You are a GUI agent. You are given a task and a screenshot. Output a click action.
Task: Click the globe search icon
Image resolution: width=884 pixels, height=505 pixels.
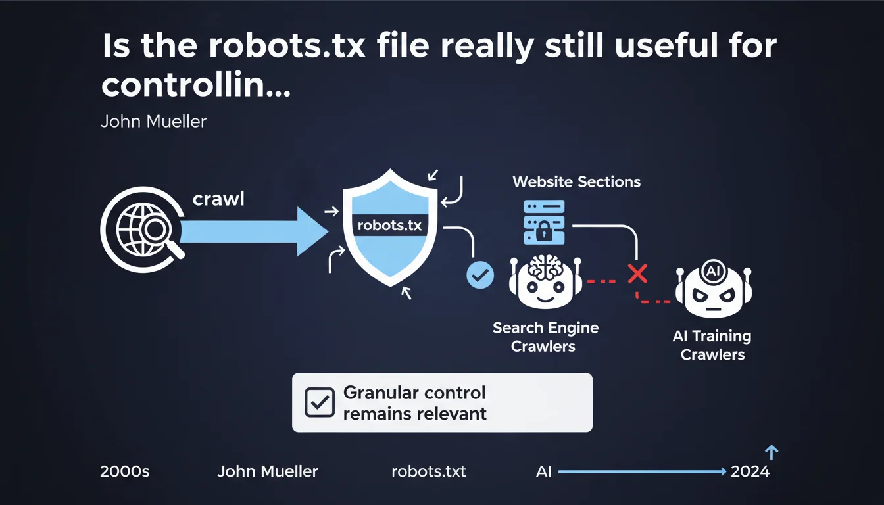[142, 229]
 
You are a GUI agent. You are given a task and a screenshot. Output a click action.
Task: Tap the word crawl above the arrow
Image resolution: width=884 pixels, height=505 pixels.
[218, 199]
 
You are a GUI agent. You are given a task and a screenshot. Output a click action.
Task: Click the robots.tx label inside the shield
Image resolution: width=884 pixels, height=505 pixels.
[388, 225]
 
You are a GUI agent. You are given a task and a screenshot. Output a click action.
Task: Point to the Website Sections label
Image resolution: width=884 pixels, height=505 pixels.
[576, 181]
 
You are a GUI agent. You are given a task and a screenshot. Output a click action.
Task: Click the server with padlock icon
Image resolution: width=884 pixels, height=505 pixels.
[543, 222]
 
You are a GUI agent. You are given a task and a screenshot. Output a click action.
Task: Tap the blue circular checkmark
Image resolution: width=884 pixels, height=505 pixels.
[479, 275]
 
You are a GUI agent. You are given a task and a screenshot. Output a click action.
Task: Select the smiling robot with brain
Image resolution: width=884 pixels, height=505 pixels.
[544, 283]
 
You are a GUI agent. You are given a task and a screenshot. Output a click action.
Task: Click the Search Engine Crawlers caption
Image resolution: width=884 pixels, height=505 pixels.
[545, 337]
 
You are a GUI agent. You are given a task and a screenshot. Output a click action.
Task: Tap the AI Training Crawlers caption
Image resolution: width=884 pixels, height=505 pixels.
[712, 345]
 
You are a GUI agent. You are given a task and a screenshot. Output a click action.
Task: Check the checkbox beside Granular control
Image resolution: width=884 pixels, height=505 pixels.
[320, 402]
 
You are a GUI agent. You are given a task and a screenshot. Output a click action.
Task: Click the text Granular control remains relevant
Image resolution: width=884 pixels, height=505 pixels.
[414, 402]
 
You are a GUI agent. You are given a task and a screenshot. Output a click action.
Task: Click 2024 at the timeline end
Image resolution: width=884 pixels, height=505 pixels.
[750, 471]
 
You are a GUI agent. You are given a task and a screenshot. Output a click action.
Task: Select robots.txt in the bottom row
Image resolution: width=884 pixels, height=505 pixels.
[428, 471]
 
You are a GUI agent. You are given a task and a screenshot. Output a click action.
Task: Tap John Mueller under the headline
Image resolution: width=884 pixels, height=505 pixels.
[153, 122]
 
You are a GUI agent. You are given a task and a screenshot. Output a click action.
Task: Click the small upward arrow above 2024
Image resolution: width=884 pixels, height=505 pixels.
[772, 452]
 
